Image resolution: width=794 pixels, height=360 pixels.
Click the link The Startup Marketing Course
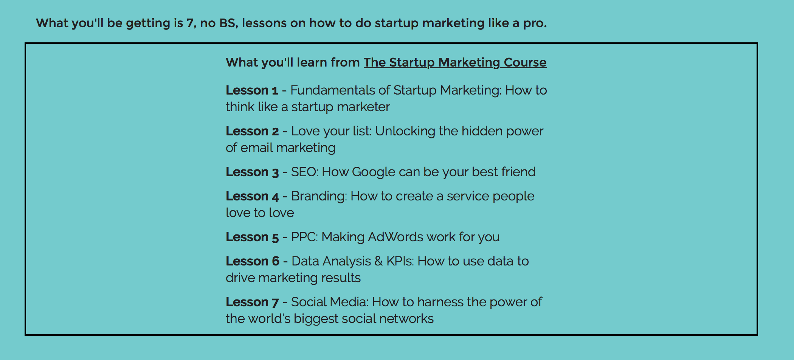(455, 62)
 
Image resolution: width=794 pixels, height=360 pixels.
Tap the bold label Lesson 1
(252, 90)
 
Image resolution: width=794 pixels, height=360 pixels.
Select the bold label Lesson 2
(252, 131)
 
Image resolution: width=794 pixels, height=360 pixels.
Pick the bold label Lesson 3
(252, 172)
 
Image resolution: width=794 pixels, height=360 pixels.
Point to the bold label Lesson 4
(252, 196)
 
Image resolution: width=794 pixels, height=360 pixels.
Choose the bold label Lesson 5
(252, 237)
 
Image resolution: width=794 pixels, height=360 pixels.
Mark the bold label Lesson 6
(252, 261)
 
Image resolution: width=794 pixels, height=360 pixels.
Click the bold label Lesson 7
(252, 302)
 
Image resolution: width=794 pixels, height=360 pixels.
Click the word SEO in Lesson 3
(305, 172)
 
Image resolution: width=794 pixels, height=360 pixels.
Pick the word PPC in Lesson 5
(305, 237)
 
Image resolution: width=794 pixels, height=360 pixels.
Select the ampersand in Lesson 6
(378, 261)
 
